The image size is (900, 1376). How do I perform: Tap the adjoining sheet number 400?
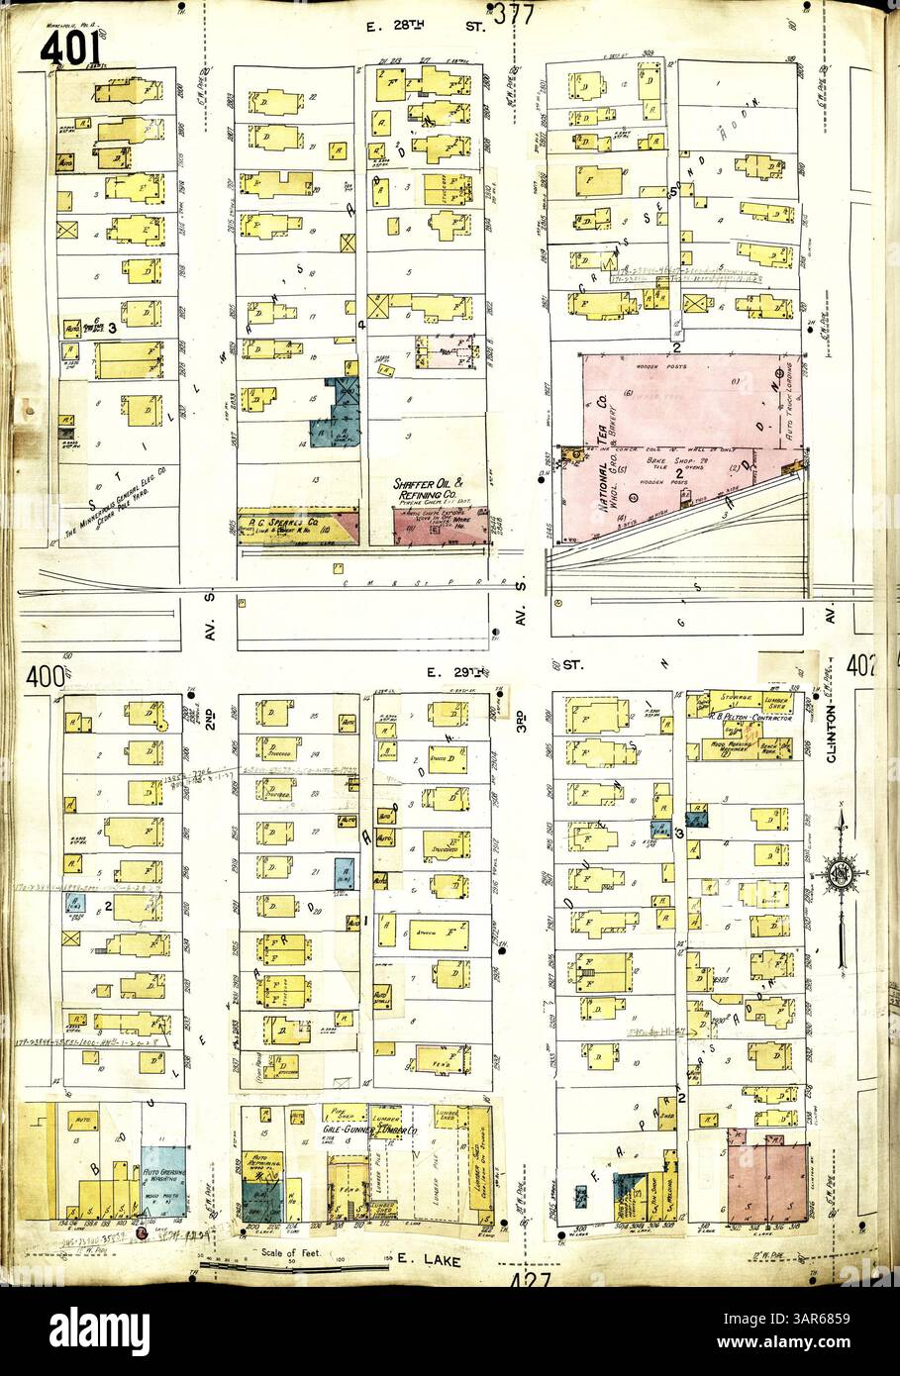43,678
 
